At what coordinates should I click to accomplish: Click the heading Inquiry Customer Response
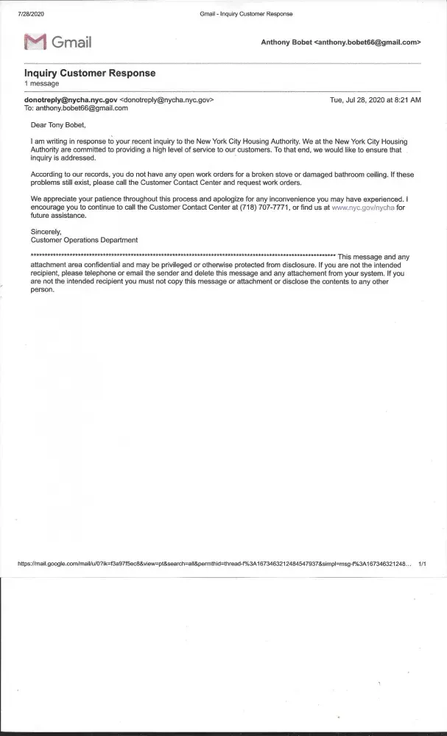pyautogui.click(x=90, y=74)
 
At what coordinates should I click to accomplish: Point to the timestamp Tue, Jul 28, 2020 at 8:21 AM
pyautogui.click(x=376, y=99)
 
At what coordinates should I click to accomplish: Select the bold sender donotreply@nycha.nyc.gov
pyautogui.click(x=71, y=99)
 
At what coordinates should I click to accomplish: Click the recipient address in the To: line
pyautogui.click(x=82, y=107)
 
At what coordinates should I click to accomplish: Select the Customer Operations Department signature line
pyautogui.click(x=84, y=240)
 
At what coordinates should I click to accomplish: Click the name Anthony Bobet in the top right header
pyautogui.click(x=286, y=43)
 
